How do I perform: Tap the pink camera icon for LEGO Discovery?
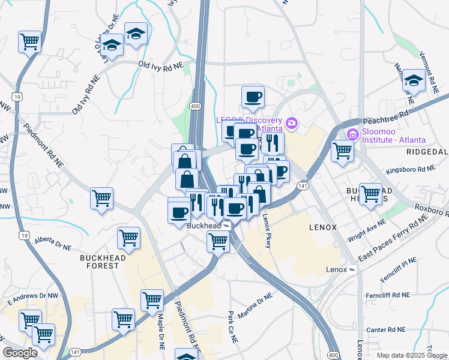(292, 124)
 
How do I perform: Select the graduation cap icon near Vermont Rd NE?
(414, 82)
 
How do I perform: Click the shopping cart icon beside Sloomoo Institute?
(342, 151)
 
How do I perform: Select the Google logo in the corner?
(20, 353)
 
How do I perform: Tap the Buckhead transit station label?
(205, 226)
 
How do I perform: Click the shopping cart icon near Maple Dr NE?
(152, 300)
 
